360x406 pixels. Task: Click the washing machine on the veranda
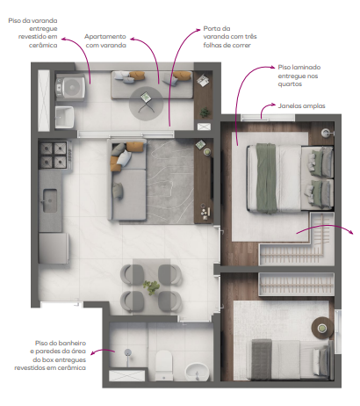coord(68,86)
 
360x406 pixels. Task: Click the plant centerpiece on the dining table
coord(152,287)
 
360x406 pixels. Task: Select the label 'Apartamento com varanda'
coord(117,41)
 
